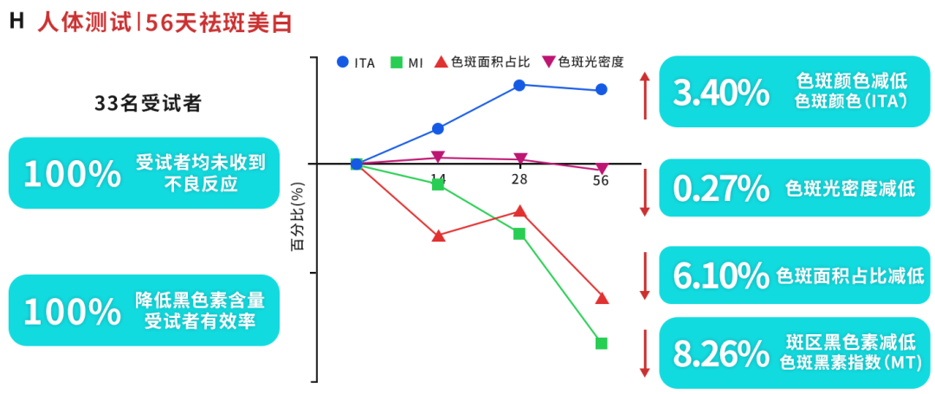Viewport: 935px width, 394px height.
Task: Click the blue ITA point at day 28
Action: click(x=519, y=85)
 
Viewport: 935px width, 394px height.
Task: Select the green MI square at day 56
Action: click(x=602, y=343)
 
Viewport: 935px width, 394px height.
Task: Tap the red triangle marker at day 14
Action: click(x=438, y=236)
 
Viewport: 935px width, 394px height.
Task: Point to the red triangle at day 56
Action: click(x=602, y=298)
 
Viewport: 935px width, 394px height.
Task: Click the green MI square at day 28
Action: click(x=519, y=234)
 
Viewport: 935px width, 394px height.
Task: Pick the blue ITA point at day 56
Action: click(x=602, y=89)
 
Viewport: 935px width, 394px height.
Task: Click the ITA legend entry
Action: click(x=357, y=61)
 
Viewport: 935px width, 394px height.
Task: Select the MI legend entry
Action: click(x=407, y=61)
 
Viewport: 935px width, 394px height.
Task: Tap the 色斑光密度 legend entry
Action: click(x=584, y=61)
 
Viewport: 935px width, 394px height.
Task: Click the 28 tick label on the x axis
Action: click(x=519, y=180)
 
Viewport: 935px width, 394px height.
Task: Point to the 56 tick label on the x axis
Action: click(x=601, y=180)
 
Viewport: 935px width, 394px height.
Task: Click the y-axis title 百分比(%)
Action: click(x=297, y=216)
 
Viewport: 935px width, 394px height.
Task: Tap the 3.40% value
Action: click(x=719, y=93)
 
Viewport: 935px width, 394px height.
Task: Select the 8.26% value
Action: click(x=719, y=353)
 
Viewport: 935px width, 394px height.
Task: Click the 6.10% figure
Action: click(x=719, y=276)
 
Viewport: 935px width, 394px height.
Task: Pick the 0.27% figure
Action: click(x=719, y=188)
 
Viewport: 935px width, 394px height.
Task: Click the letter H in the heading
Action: click(x=16, y=22)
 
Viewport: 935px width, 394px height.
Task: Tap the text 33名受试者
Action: click(x=148, y=104)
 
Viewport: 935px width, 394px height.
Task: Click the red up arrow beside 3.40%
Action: click(x=644, y=95)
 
